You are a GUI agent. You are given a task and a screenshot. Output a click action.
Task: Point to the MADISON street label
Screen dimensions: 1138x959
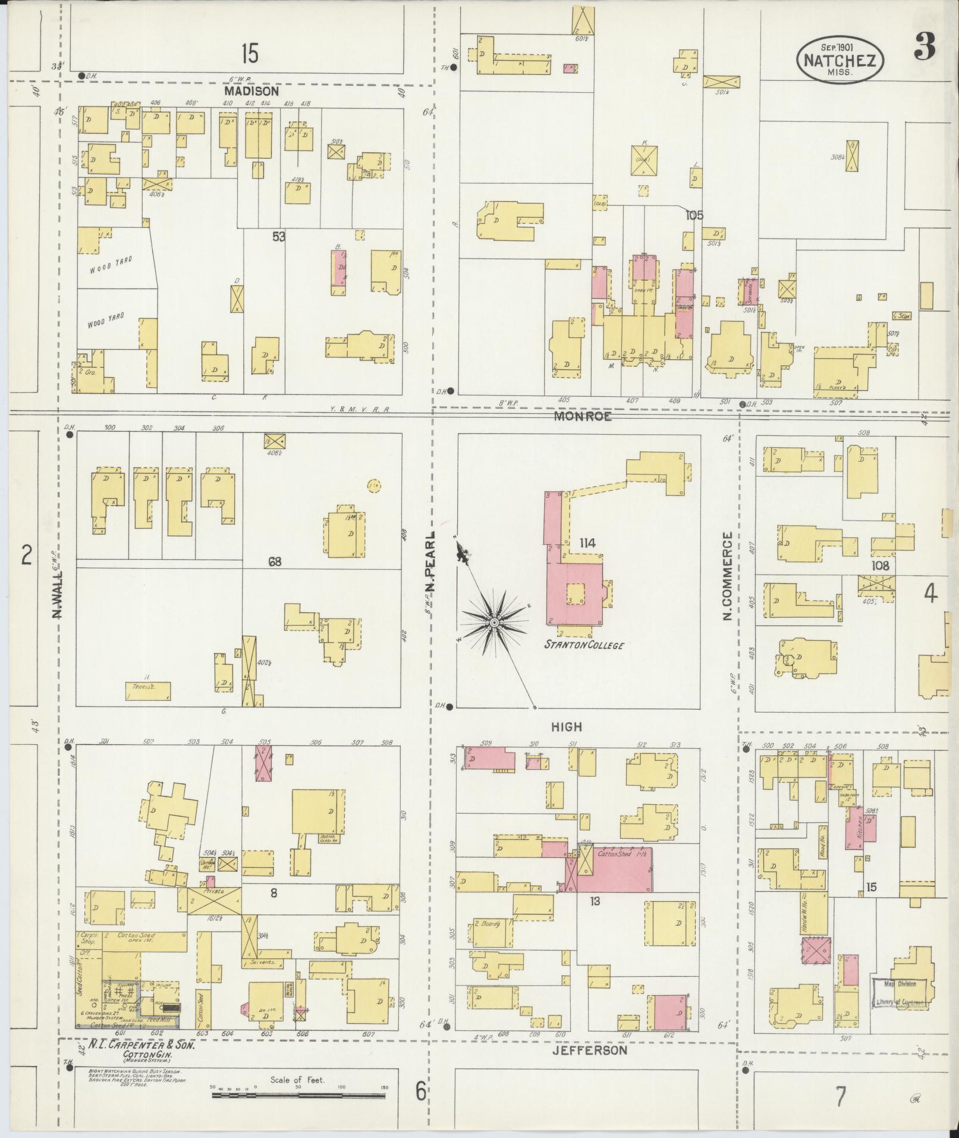pos(251,92)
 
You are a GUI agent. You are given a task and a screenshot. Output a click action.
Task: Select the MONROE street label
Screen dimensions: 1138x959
pos(582,417)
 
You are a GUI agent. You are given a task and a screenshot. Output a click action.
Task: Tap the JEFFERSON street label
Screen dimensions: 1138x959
pos(589,1050)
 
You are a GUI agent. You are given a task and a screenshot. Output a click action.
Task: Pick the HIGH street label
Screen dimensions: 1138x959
pos(567,726)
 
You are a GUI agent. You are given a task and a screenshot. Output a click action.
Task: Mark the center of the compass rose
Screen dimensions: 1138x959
pos(493,622)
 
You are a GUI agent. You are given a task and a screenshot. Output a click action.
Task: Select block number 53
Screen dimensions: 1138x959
pos(279,237)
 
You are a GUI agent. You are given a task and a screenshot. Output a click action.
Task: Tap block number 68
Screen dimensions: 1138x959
pos(274,562)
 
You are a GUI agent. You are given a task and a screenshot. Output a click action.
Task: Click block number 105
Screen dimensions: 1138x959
pos(694,215)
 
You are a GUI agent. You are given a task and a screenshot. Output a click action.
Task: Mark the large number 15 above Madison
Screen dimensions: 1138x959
pos(250,55)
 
